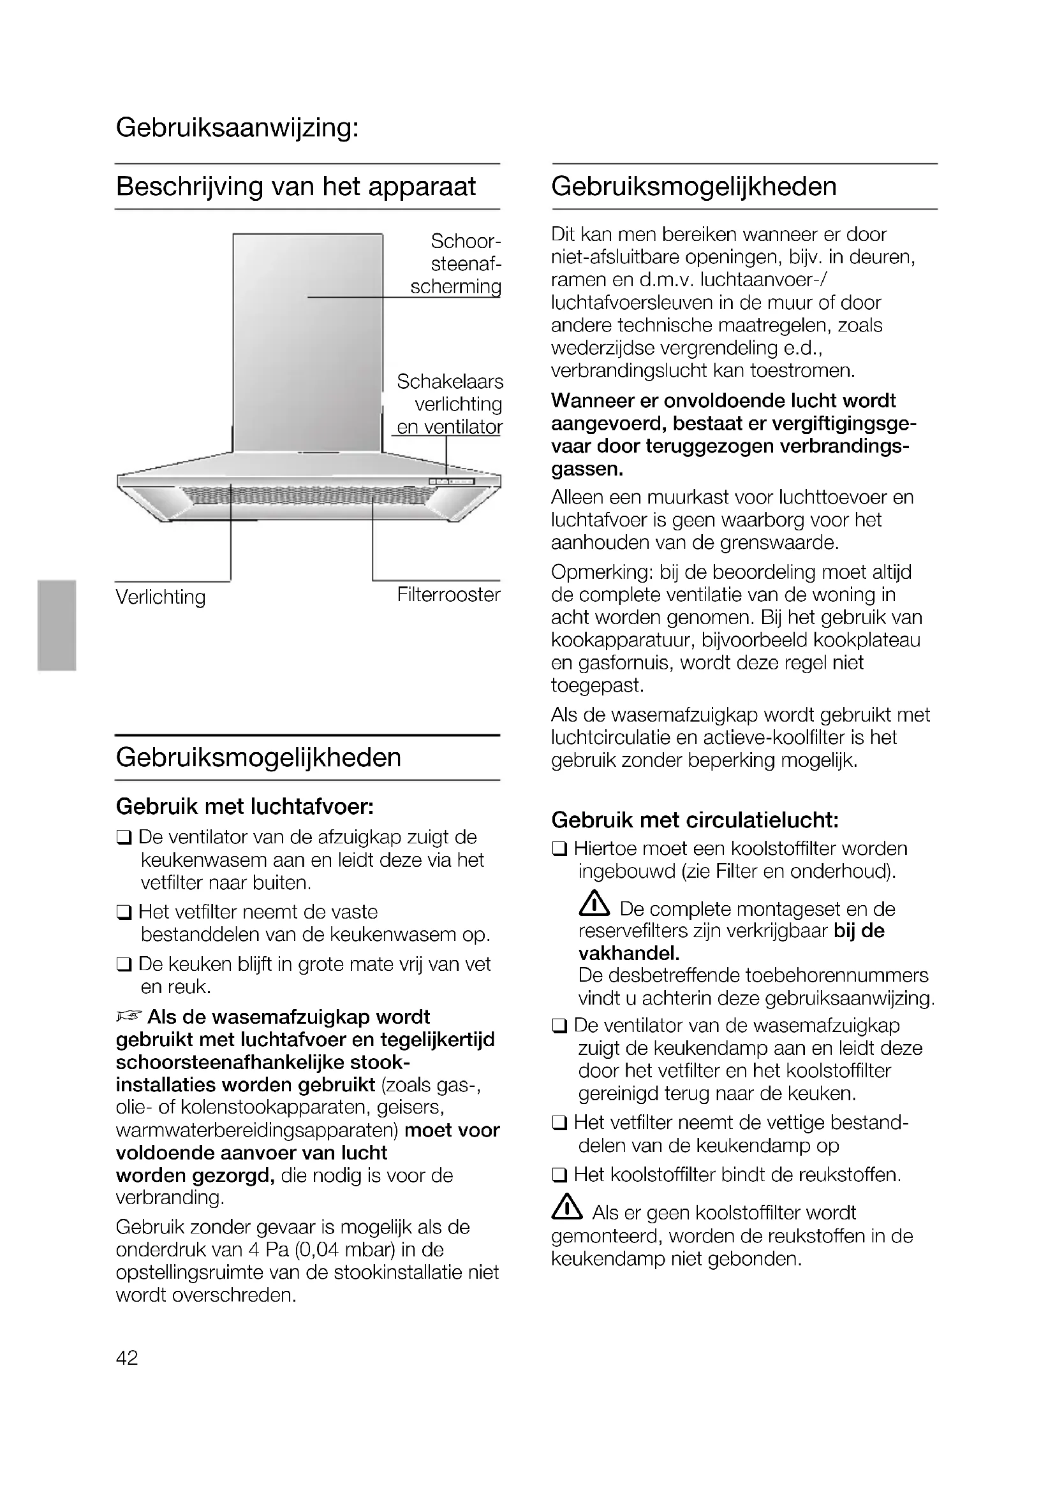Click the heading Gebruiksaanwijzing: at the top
[x=237, y=128]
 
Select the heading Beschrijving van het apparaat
[x=295, y=187]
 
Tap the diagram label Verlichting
[x=161, y=597]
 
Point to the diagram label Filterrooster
[x=449, y=594]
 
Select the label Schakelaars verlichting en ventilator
[x=450, y=404]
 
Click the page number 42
[x=128, y=1357]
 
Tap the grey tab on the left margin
[x=57, y=625]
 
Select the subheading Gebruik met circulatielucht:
[x=695, y=820]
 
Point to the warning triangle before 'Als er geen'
[x=566, y=1207]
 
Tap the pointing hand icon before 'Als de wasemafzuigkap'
[x=129, y=1015]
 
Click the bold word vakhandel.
[x=629, y=952]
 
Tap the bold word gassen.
[x=587, y=469]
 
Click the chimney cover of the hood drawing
[x=307, y=341]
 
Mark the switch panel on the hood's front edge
[x=452, y=481]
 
